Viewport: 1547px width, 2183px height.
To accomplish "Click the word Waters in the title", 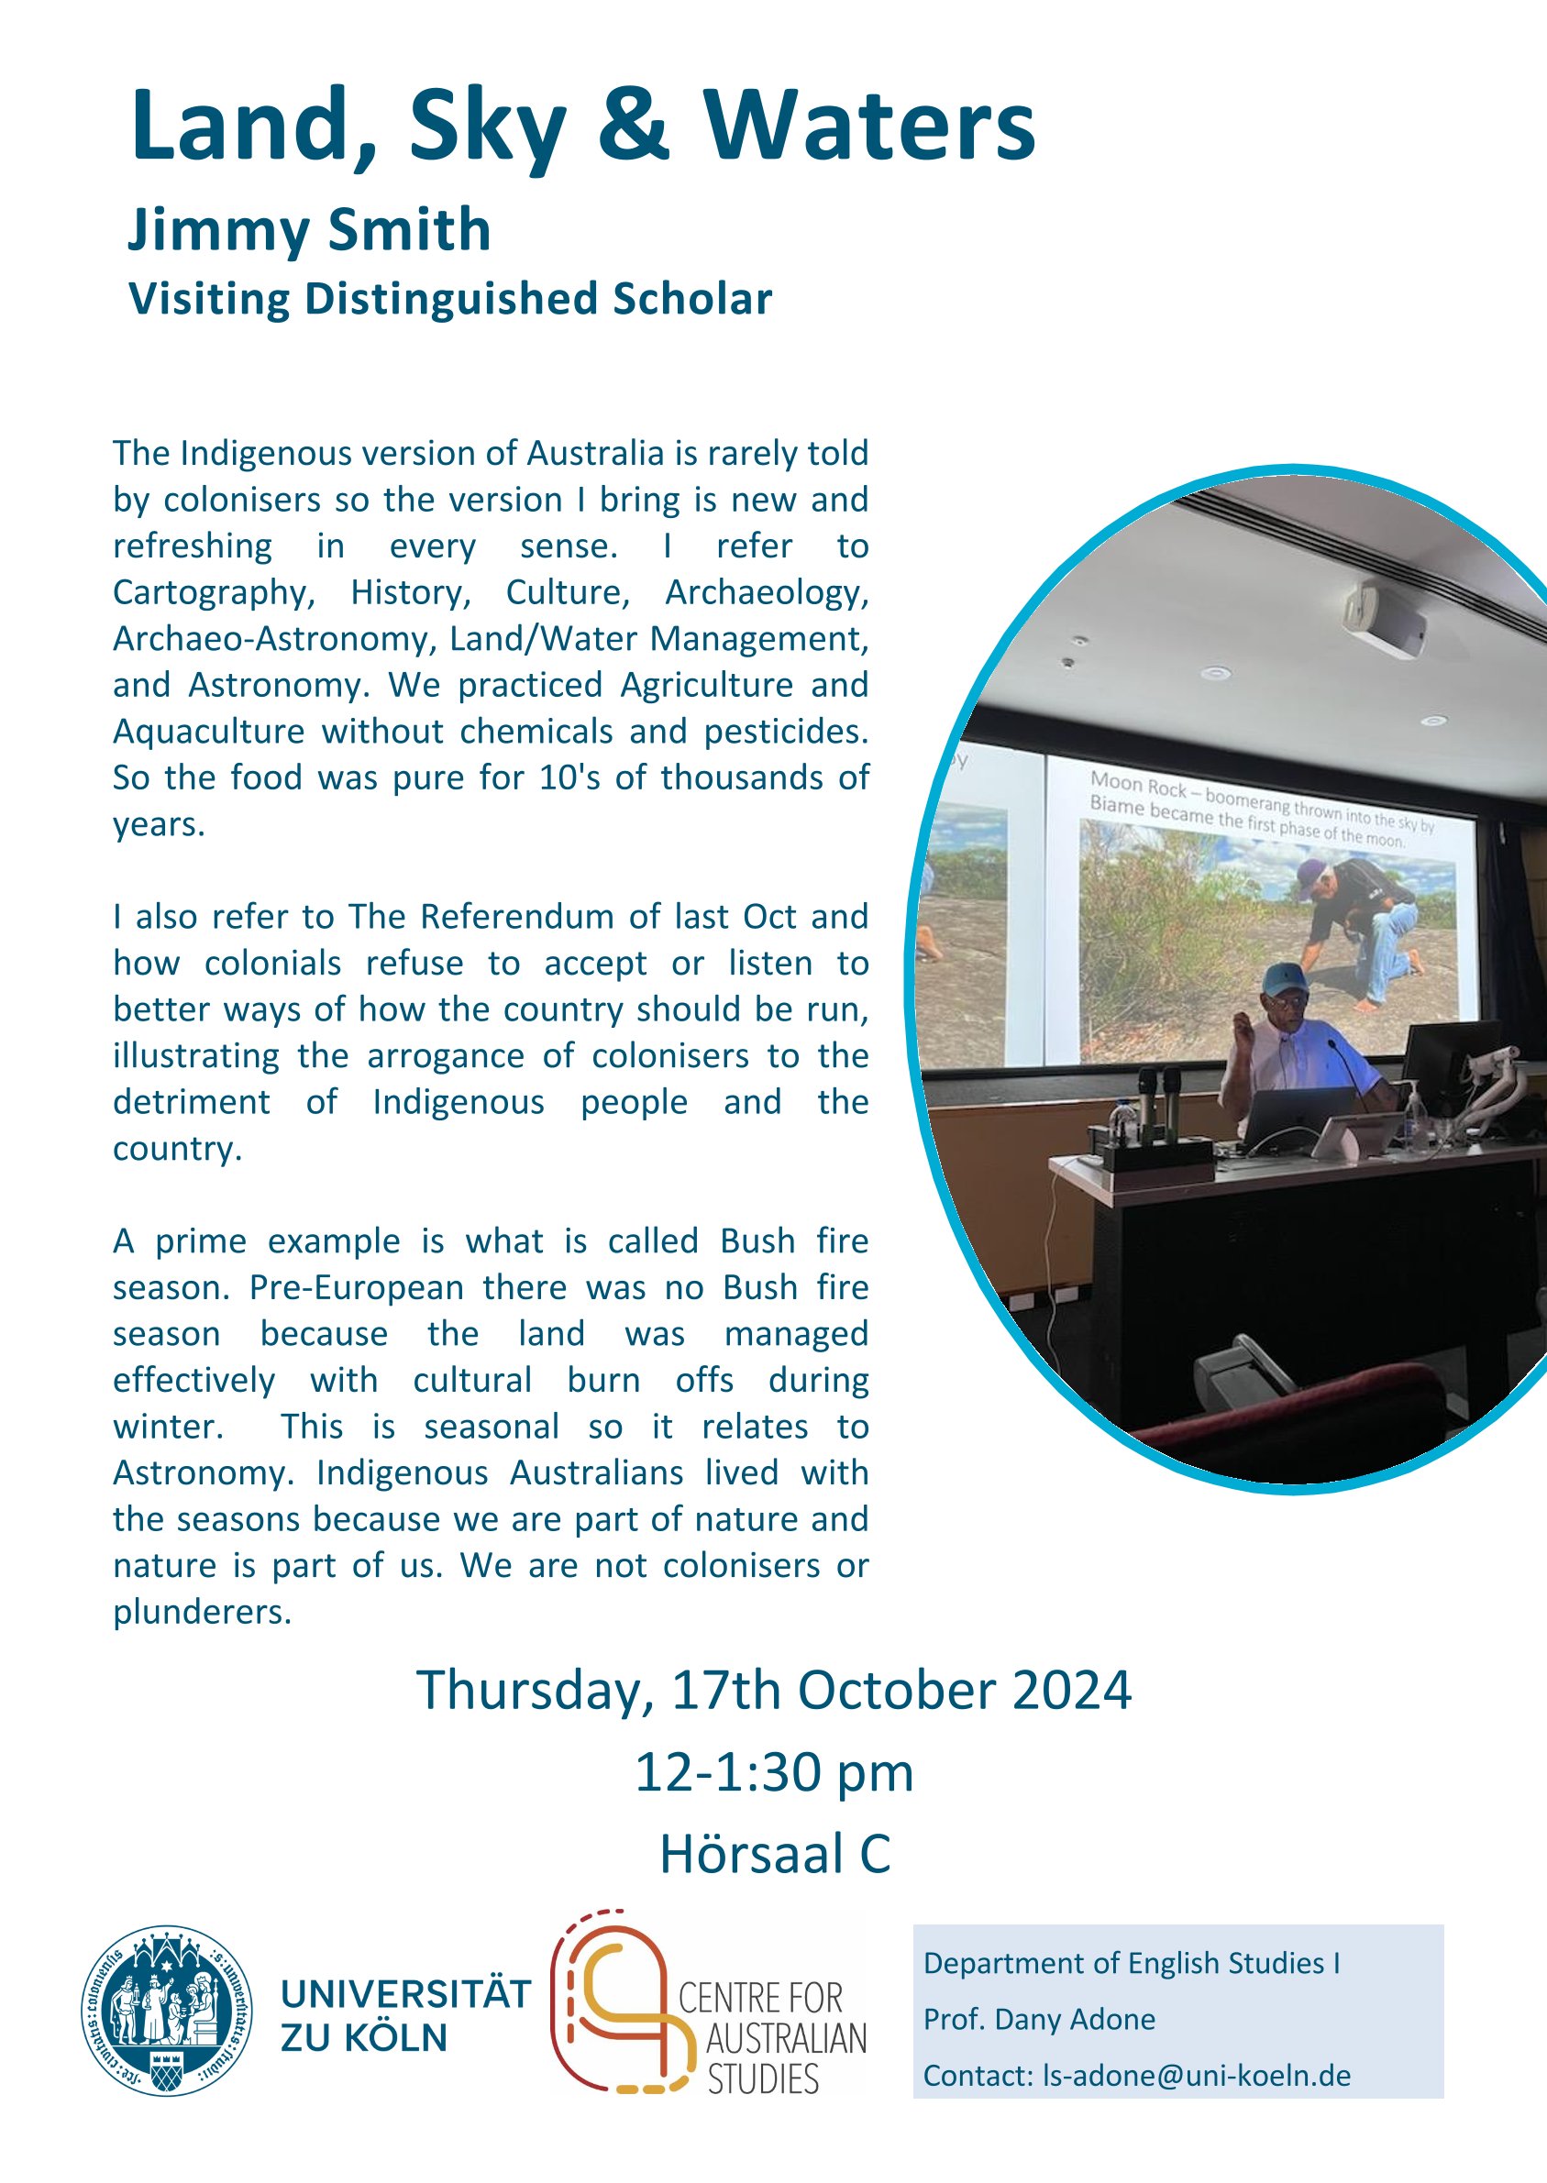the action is coord(868,126).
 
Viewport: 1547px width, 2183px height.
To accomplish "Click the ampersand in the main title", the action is coord(635,126).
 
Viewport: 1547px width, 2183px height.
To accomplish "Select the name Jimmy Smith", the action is coord(310,231).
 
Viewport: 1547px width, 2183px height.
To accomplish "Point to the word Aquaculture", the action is coord(208,732).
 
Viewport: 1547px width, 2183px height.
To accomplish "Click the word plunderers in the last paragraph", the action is coord(202,1612).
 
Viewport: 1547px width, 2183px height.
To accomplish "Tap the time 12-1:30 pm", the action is coord(775,1773).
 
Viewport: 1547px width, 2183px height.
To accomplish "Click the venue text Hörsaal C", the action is coord(776,1854).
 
